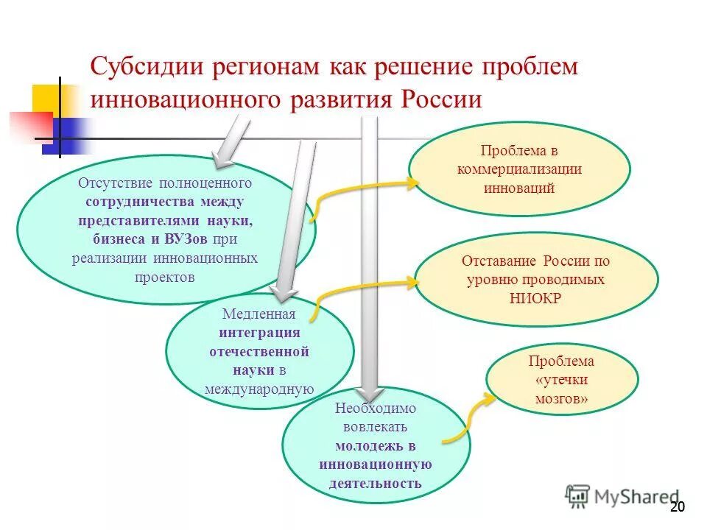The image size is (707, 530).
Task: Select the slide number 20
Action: click(x=678, y=506)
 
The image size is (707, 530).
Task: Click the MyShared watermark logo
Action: click(x=622, y=496)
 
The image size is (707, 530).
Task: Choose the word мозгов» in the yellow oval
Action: click(x=561, y=398)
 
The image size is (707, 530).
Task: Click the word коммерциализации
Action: click(x=519, y=169)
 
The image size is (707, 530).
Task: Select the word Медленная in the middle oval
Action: click(x=258, y=315)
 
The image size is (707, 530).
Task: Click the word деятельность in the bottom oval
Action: click(x=376, y=483)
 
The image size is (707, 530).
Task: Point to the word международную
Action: click(x=258, y=389)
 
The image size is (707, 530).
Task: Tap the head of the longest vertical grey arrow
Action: click(x=370, y=397)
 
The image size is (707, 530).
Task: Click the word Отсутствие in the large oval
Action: click(x=110, y=183)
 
